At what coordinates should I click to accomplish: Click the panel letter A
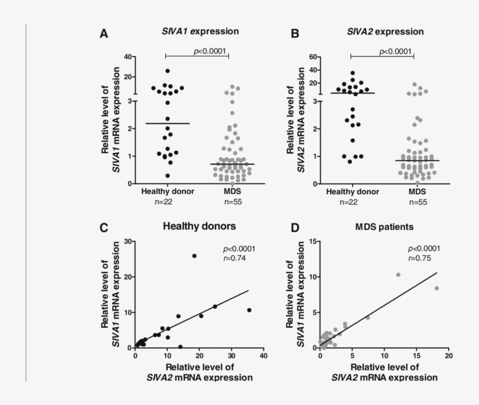coord(103,34)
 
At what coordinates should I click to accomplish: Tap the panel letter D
coord(294,228)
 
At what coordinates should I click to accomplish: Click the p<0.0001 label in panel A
coord(209,51)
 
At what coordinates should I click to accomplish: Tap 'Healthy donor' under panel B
coord(353,191)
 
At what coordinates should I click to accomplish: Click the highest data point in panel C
coord(195,256)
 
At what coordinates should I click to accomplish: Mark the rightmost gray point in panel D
coord(436,288)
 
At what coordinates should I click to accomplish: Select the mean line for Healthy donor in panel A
coord(167,123)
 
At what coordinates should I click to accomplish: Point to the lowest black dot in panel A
coord(167,176)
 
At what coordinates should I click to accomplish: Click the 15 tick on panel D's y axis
coord(313,241)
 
